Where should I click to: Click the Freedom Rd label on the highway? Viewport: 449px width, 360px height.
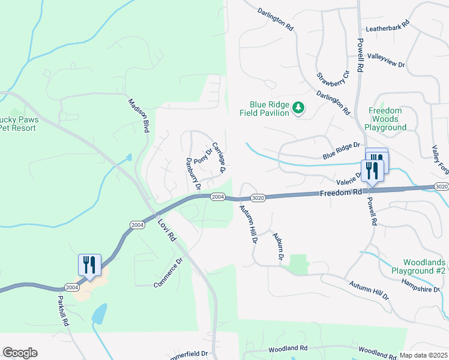tap(341, 193)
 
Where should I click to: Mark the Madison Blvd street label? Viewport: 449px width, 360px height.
tap(138, 115)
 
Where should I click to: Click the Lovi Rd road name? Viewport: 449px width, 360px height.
tap(166, 228)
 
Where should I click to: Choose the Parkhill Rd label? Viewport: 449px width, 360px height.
tap(63, 311)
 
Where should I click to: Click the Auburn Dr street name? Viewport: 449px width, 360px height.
tap(277, 247)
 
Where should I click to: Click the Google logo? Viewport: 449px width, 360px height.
tap(20, 353)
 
